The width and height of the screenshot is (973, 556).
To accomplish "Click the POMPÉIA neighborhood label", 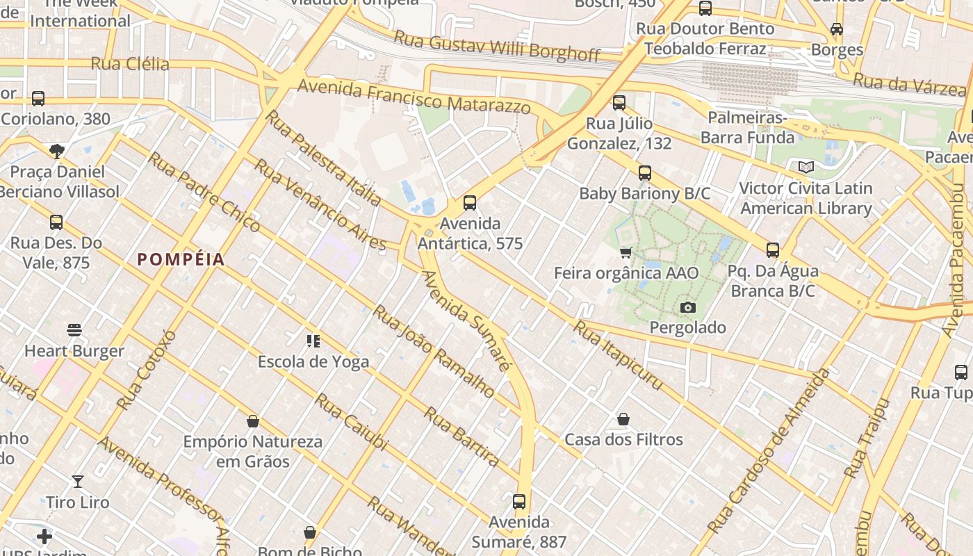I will tap(181, 260).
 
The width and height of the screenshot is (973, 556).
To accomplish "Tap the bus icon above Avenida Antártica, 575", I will tap(470, 203).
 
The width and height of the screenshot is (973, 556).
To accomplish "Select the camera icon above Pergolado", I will tap(688, 307).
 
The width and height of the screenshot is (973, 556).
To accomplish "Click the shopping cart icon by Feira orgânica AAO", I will tap(625, 252).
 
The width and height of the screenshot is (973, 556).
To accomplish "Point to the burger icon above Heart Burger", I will tap(74, 330).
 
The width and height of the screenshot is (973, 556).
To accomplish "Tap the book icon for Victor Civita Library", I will tap(806, 167).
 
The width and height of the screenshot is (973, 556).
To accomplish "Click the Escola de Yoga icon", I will tap(313, 341).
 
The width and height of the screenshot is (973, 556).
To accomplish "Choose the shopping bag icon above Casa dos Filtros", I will tap(623, 419).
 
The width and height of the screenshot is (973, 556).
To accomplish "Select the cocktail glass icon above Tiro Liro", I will tap(78, 481).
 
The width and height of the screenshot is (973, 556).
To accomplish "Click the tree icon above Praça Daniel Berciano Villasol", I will tap(57, 151).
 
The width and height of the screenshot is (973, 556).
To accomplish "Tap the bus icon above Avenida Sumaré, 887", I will tap(519, 501).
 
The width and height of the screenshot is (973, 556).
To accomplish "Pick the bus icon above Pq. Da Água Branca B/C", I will tap(773, 250).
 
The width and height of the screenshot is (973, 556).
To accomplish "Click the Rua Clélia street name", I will tap(130, 64).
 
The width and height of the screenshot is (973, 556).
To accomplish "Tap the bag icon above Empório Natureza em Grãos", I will tap(253, 421).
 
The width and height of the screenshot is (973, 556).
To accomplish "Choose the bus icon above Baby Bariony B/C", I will tap(645, 172).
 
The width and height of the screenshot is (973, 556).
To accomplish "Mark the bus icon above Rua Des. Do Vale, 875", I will tap(56, 222).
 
